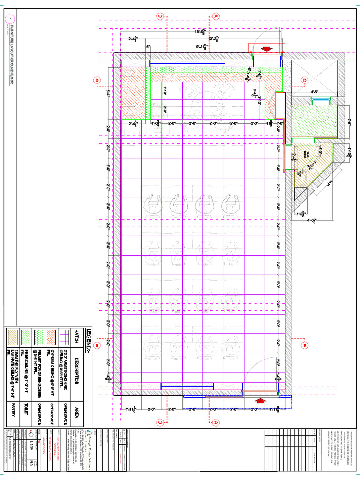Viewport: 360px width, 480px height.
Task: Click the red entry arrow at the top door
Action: click(x=267, y=48)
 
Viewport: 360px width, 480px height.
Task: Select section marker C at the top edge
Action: click(x=160, y=16)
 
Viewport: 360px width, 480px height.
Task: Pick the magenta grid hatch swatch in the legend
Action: click(x=64, y=337)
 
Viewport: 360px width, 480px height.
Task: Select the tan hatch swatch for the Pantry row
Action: click(x=12, y=337)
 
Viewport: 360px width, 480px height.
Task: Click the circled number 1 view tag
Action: click(x=11, y=19)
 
